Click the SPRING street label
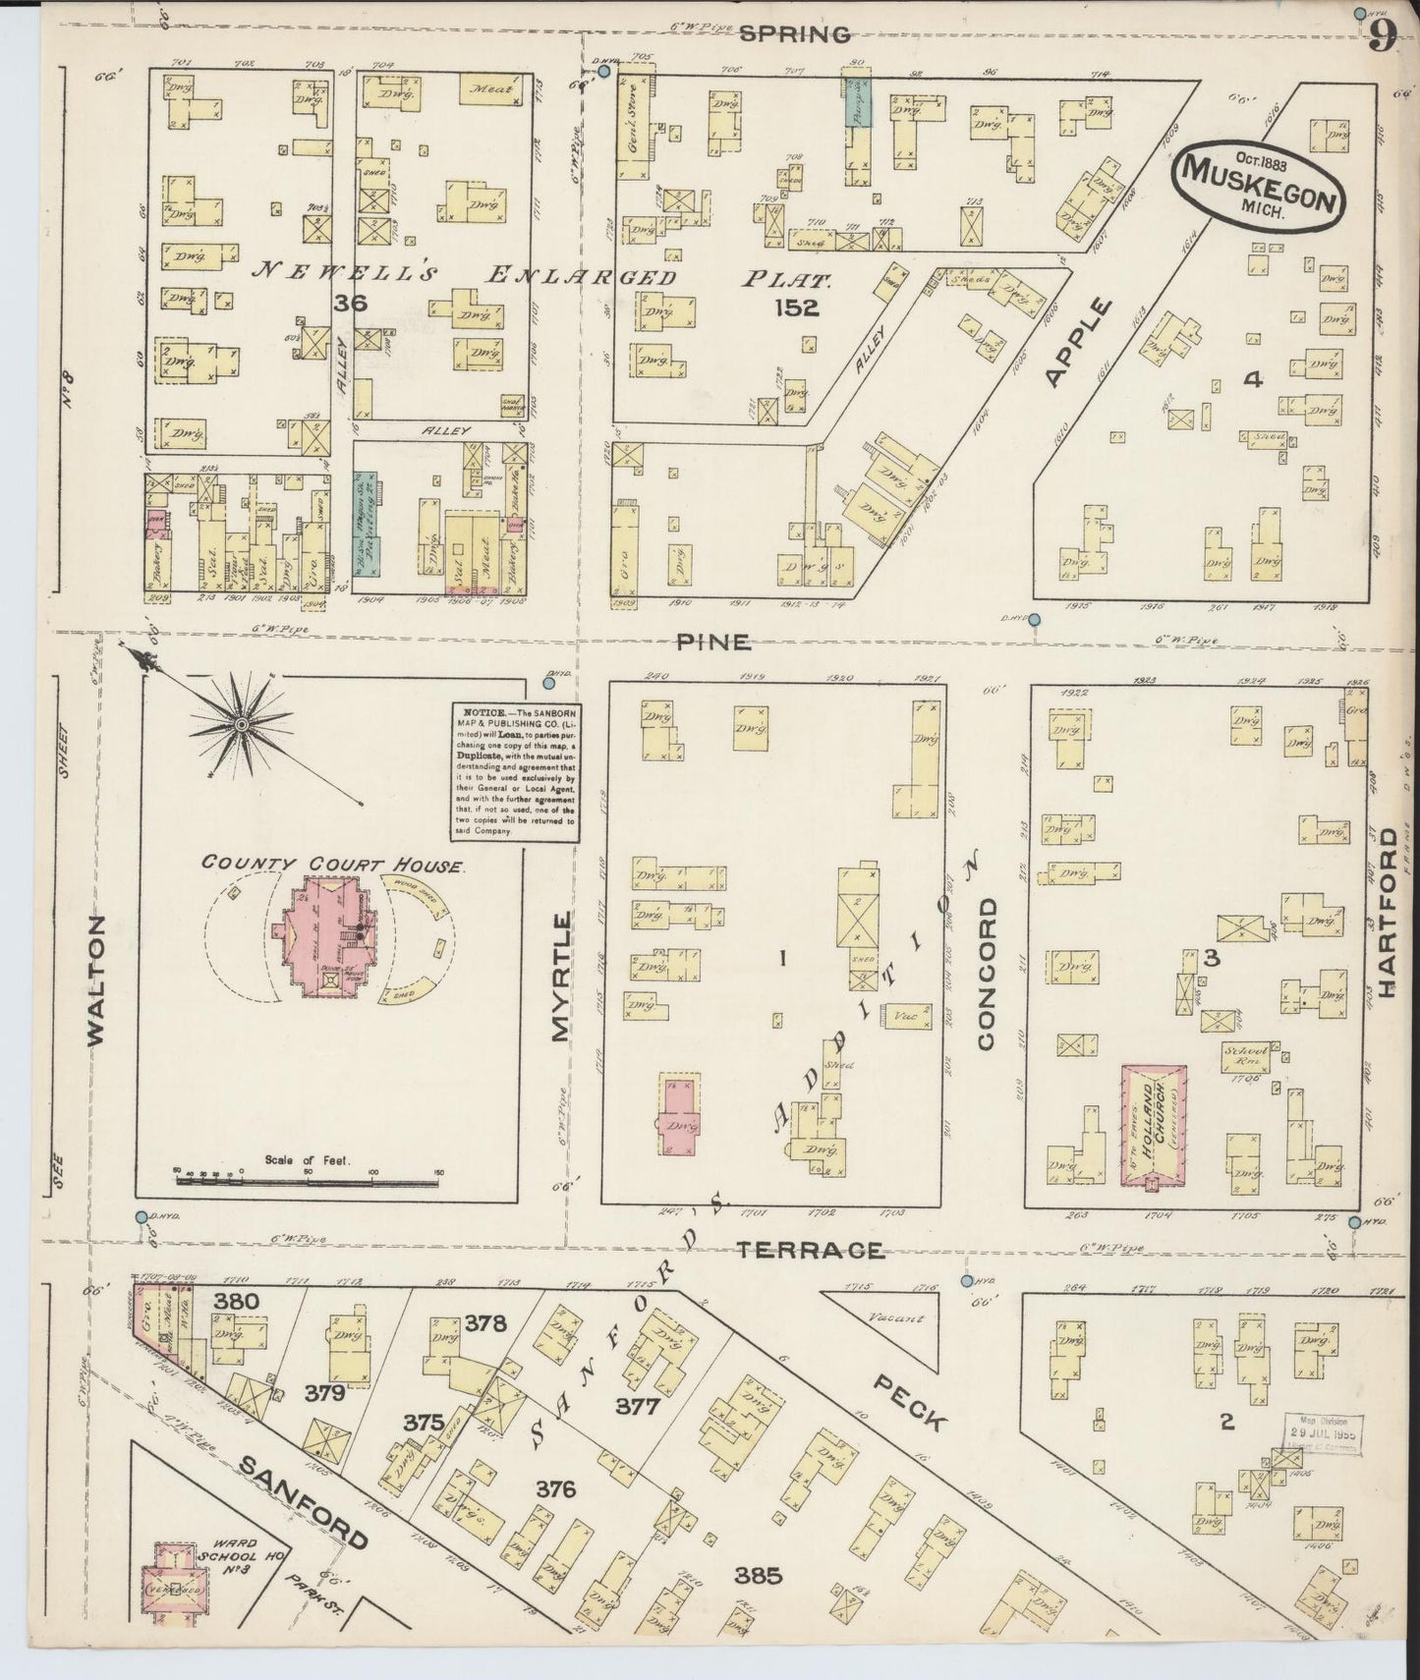pyautogui.click(x=794, y=34)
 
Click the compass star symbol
pyautogui.click(x=240, y=725)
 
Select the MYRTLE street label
pyautogui.click(x=560, y=975)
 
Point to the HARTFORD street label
pyautogui.click(x=1387, y=913)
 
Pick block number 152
pyautogui.click(x=795, y=308)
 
